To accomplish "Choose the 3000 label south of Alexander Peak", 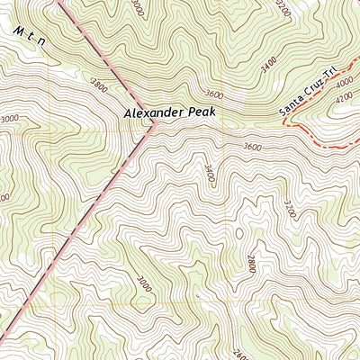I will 144,283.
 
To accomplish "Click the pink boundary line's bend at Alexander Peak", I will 154,126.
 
